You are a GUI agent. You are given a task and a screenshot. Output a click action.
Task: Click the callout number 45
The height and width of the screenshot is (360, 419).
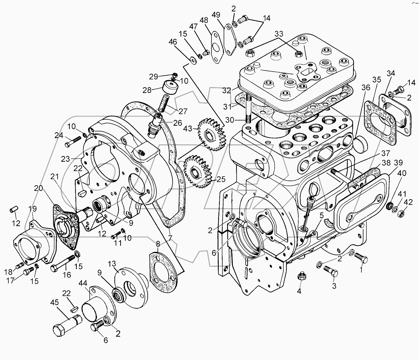point(55,302)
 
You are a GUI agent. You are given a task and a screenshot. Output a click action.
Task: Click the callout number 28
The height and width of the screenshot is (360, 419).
point(147,90)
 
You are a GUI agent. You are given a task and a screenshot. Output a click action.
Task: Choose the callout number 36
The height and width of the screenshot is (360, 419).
point(366,87)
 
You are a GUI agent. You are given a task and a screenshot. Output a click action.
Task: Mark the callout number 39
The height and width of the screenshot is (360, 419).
point(398,163)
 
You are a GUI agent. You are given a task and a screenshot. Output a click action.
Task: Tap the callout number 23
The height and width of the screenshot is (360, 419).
point(65,159)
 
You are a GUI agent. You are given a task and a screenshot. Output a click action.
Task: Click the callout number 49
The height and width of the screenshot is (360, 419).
point(216,15)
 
